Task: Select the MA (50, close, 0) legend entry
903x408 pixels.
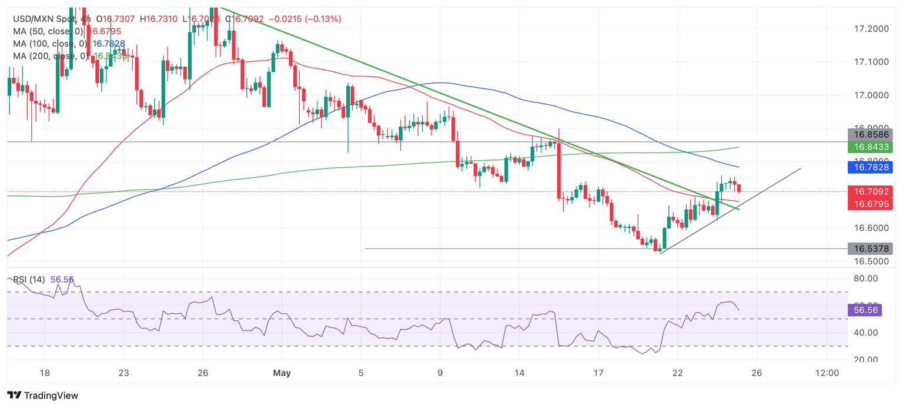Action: point(48,31)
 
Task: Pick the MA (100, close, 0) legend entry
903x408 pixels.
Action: point(50,44)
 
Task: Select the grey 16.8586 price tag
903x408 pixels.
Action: point(870,134)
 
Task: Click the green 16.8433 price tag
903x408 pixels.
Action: point(870,147)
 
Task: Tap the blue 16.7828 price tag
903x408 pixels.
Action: point(870,168)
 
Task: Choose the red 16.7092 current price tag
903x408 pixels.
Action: point(870,191)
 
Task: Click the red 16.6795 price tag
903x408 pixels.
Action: point(870,204)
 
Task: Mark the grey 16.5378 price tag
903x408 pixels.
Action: point(870,248)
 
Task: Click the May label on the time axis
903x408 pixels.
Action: point(282,373)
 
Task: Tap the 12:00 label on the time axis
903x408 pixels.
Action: point(827,373)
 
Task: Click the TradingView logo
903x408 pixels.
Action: point(42,396)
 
